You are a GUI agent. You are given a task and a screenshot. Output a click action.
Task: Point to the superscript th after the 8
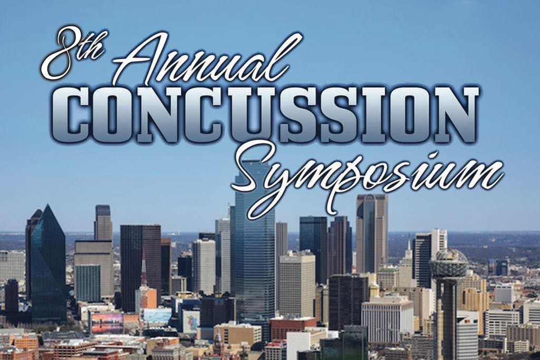point(92,47)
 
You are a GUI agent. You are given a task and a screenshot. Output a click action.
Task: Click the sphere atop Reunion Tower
point(447,264)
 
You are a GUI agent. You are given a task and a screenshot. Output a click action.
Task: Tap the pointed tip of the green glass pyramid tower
point(48,205)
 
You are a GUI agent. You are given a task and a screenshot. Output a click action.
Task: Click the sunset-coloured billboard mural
point(107,323)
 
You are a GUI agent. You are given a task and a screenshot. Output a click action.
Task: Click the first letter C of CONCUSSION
point(78,113)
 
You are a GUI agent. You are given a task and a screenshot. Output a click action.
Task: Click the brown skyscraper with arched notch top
point(372,234)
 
